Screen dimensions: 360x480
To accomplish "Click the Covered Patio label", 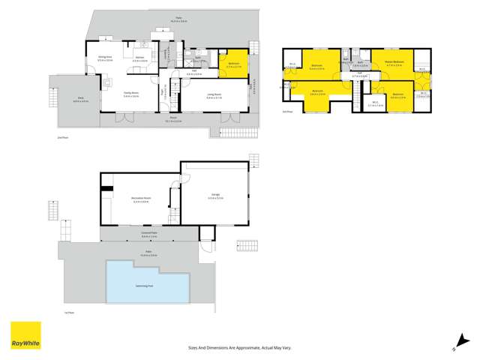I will coord(153,233).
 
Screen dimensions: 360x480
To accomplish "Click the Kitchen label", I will coord(139,57).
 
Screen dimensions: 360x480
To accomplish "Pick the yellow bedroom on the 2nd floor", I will coord(234,63).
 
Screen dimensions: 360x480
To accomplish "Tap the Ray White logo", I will coord(25,337).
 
